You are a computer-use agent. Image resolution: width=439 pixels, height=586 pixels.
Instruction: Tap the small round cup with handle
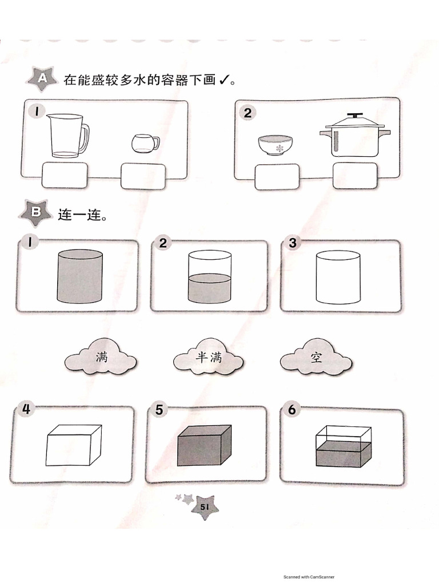click(145, 143)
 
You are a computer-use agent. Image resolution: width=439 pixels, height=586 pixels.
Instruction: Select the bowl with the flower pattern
click(275, 145)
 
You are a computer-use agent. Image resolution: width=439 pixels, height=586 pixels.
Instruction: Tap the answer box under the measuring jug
click(65, 175)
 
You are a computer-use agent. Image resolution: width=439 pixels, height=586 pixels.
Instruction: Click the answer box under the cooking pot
click(355, 176)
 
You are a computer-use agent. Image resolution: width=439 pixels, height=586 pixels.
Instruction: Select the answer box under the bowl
click(277, 177)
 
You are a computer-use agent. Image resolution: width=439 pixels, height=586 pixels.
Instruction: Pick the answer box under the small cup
click(143, 176)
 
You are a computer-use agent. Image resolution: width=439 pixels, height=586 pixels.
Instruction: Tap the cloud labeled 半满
click(208, 357)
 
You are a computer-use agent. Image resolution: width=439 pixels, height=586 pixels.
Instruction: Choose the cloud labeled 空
click(316, 357)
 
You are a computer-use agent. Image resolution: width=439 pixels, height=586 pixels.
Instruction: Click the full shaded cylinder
click(79, 276)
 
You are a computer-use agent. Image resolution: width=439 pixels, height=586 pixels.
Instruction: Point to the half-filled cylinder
click(209, 277)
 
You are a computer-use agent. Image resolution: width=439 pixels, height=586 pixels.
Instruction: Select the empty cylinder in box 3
click(338, 277)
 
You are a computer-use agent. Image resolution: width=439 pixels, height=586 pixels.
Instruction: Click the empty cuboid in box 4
click(74, 445)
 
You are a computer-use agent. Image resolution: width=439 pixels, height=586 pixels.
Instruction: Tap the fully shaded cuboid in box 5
click(204, 445)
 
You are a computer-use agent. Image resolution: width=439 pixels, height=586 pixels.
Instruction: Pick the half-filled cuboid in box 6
click(344, 446)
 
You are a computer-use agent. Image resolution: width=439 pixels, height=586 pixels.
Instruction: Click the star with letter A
click(42, 79)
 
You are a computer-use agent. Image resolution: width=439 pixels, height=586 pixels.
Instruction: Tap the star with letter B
click(36, 213)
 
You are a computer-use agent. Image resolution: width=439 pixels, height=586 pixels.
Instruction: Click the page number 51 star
click(205, 507)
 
